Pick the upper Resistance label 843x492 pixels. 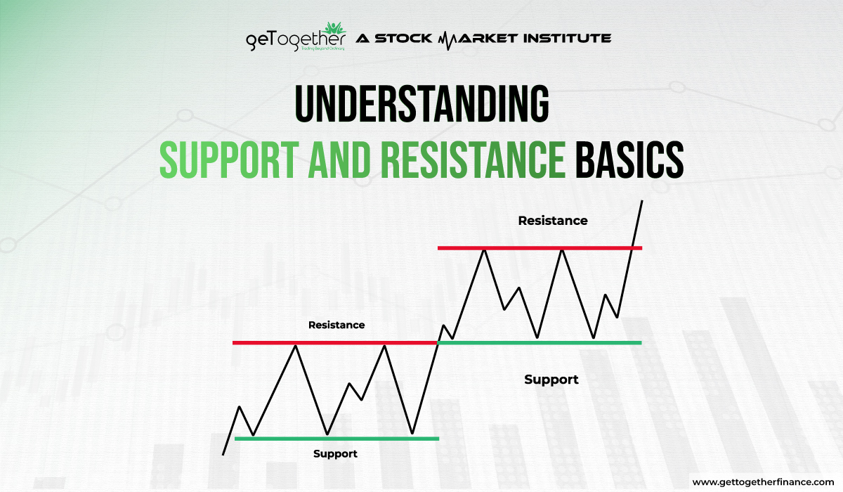[x=552, y=220]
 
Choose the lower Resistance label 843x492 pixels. [x=336, y=325]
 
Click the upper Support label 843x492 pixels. [x=551, y=380]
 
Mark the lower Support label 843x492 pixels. [x=335, y=453]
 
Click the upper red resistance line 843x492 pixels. [x=540, y=247]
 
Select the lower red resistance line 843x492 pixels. [x=334, y=342]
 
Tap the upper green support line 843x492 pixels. [x=540, y=342]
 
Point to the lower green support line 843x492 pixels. [x=336, y=438]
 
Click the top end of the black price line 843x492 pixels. [x=641, y=202]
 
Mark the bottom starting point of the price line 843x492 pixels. [x=223, y=454]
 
